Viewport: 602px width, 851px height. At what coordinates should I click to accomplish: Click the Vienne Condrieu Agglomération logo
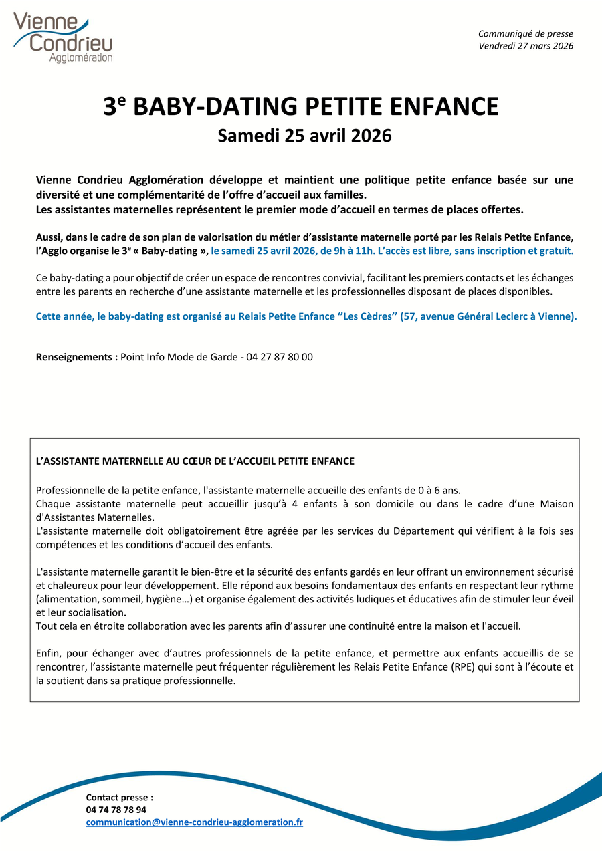click(63, 37)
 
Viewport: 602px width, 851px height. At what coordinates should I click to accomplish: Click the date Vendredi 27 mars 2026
click(526, 46)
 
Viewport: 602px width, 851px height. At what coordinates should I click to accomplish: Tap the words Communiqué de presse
click(526, 34)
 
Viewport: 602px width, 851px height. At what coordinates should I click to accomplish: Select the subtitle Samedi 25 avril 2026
click(304, 136)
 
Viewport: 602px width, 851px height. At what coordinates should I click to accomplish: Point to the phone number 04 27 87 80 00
click(280, 357)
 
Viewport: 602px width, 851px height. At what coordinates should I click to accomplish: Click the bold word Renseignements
click(76, 357)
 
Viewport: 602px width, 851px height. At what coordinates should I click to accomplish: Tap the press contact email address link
click(194, 822)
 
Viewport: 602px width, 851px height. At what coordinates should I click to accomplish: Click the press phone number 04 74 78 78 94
click(116, 810)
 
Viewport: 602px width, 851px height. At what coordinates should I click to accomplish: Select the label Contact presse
click(119, 797)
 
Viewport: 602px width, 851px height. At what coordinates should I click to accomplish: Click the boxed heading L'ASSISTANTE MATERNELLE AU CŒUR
click(195, 461)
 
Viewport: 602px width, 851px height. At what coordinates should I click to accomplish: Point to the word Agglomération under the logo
click(81, 58)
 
